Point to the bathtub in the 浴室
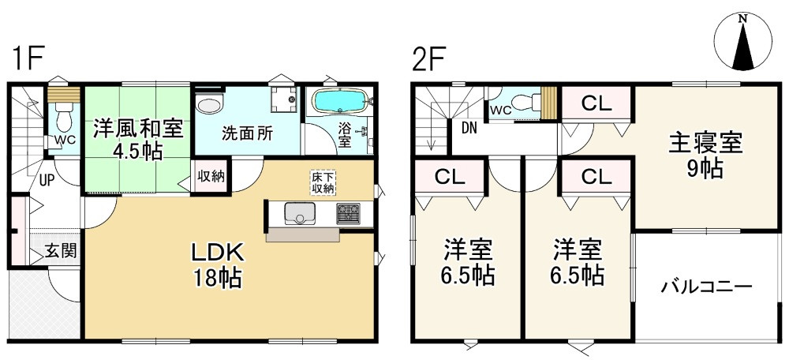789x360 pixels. pyautogui.click(x=340, y=103)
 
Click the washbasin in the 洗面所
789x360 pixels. pyautogui.click(x=210, y=105)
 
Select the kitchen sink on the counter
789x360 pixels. pyautogui.click(x=299, y=214)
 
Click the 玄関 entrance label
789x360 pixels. pyautogui.click(x=60, y=252)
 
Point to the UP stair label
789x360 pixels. pyautogui.click(x=47, y=179)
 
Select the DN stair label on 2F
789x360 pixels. pyautogui.click(x=469, y=127)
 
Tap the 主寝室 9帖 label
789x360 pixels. pyautogui.click(x=705, y=156)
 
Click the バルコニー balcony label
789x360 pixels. pyautogui.click(x=706, y=286)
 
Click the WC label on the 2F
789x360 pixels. pyautogui.click(x=500, y=110)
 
